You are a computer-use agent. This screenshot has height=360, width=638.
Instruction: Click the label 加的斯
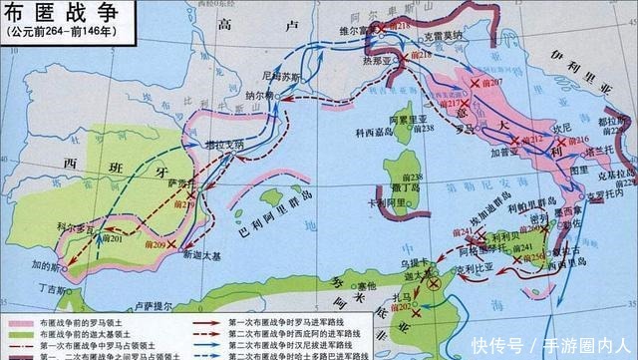click(x=47, y=266)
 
